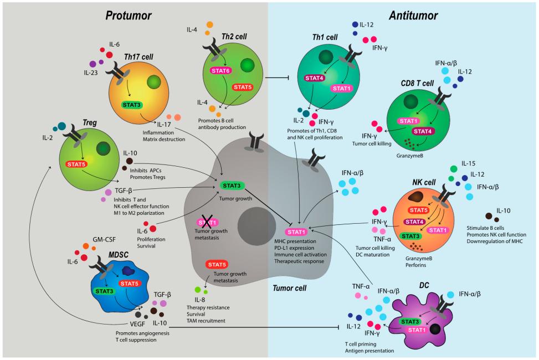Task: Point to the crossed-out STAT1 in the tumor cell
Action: pos(206,222)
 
